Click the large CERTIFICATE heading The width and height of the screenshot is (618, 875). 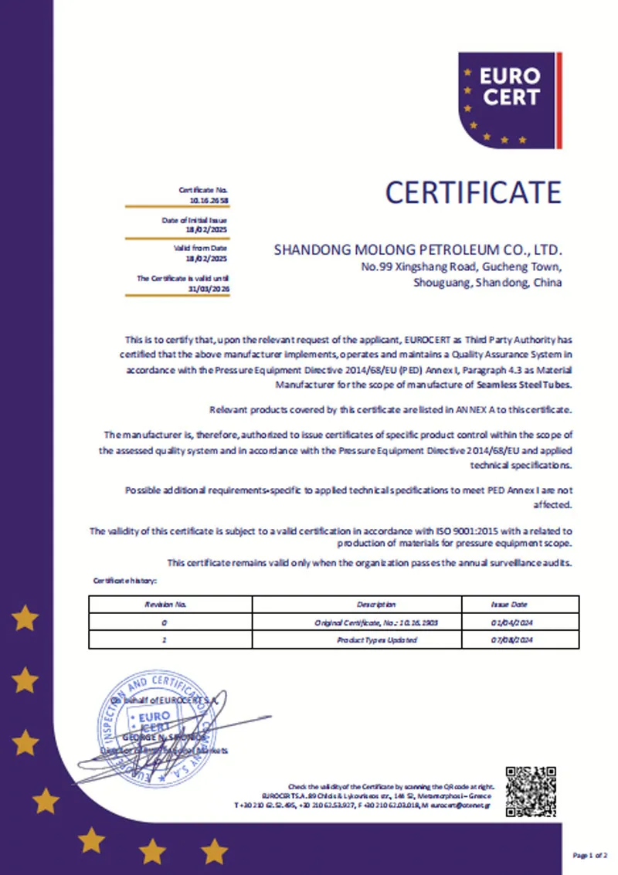point(473,192)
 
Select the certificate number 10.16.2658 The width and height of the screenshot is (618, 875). point(209,199)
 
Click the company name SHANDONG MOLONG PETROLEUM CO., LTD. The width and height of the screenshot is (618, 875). point(418,250)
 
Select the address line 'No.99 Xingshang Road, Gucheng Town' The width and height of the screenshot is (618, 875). point(462,267)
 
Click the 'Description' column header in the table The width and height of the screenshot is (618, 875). point(376,605)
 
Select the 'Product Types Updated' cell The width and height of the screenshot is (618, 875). point(377,640)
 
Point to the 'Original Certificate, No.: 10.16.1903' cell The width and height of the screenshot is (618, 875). point(376,622)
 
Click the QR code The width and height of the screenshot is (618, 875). point(531,790)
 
